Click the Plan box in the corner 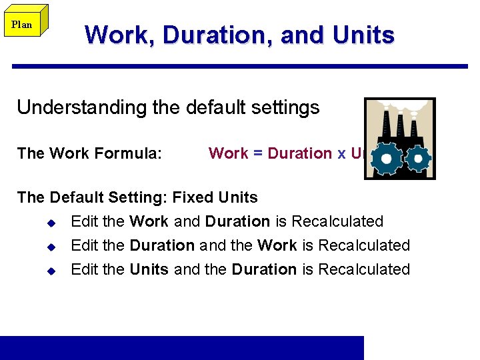(x=22, y=25)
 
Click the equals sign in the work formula (x=257, y=153)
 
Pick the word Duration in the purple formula (x=299, y=153)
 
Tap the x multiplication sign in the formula (x=341, y=154)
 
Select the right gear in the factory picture (x=419, y=158)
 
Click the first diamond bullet (x=51, y=222)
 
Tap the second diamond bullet (x=51, y=246)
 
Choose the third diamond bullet (x=51, y=270)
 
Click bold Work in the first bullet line (x=149, y=221)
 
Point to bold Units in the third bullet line (x=149, y=269)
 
